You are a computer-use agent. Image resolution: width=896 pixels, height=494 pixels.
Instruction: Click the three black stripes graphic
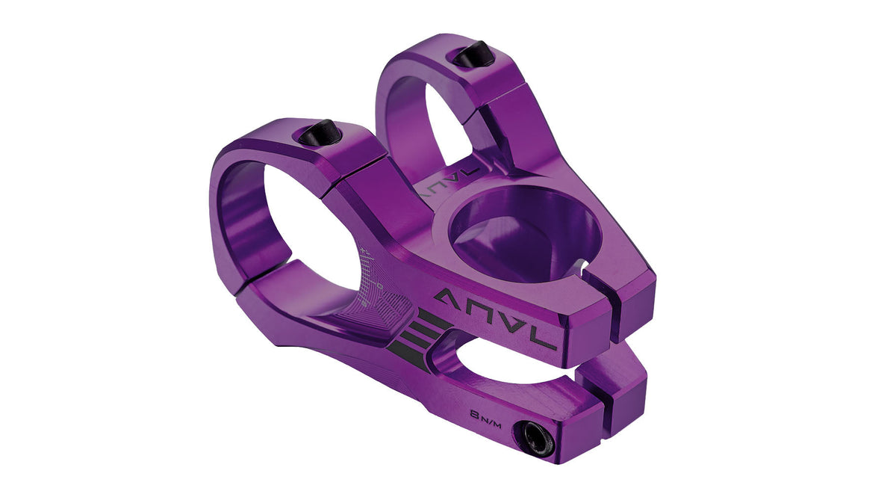pyautogui.click(x=410, y=340)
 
